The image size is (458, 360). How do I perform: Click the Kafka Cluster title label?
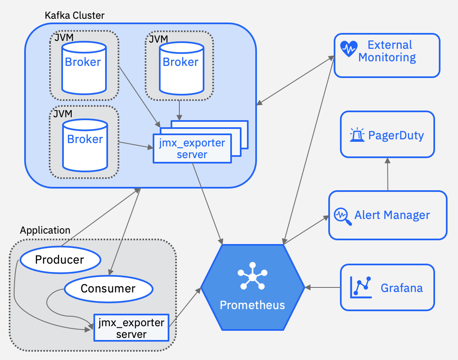pos(74,15)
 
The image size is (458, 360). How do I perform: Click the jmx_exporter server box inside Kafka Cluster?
pos(192,149)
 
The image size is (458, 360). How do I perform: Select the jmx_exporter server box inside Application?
pos(131,328)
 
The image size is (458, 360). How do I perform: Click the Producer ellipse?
pos(60,260)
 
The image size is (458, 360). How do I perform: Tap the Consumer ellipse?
pos(108,288)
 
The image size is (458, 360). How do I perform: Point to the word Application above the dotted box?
pos(45,230)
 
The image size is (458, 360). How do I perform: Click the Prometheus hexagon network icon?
pos(252,276)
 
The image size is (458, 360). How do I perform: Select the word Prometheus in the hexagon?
pos(252,305)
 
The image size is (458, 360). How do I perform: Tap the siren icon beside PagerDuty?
pos(357,135)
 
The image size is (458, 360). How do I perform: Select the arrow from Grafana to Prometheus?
pos(323,287)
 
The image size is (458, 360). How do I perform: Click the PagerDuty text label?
pos(396,135)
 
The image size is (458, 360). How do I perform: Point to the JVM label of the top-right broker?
pos(158,39)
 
